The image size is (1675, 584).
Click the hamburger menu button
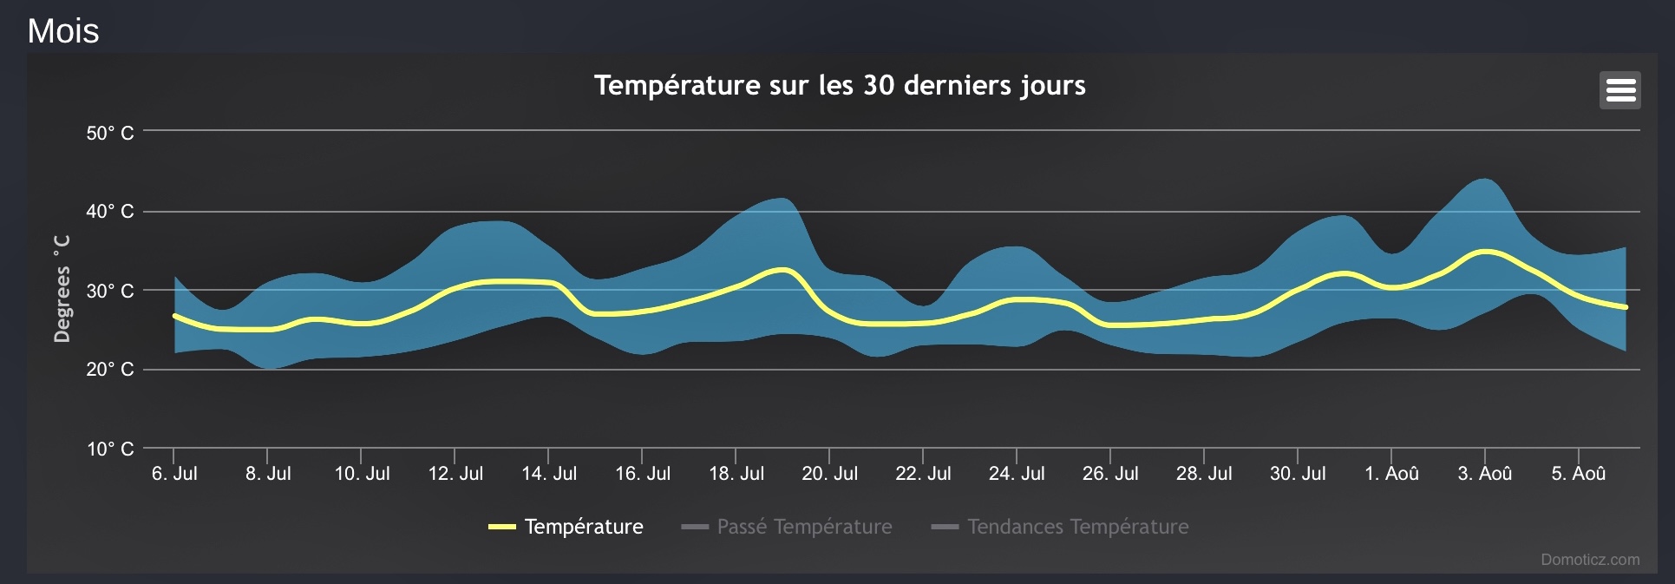pyautogui.click(x=1619, y=90)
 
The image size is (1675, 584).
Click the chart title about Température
pyautogui.click(x=839, y=85)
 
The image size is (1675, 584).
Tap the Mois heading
pyautogui.click(x=63, y=30)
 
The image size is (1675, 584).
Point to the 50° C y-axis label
pyautogui.click(x=110, y=133)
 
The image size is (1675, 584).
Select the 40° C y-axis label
pyautogui.click(x=110, y=211)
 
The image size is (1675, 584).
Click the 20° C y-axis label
pyautogui.click(x=110, y=369)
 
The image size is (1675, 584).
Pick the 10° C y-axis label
pyautogui.click(x=110, y=449)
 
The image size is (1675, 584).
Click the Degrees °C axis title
pyautogui.click(x=62, y=288)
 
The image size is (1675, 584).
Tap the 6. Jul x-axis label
pyautogui.click(x=174, y=473)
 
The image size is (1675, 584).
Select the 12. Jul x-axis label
pyautogui.click(x=455, y=473)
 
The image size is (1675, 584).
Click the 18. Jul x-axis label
pyautogui.click(x=736, y=473)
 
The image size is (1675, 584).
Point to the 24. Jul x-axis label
pyautogui.click(x=1017, y=473)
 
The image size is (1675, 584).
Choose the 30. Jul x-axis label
pyautogui.click(x=1298, y=473)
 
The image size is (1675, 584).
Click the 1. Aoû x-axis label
pyautogui.click(x=1391, y=473)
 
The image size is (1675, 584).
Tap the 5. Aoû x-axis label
pyautogui.click(x=1579, y=473)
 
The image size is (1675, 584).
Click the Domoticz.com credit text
pyautogui.click(x=1590, y=560)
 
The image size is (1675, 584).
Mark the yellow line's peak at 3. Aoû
pyautogui.click(x=1485, y=252)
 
